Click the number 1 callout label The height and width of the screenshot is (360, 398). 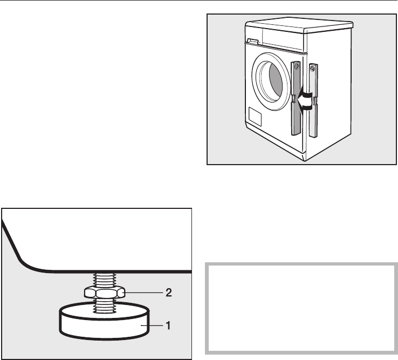tap(168, 326)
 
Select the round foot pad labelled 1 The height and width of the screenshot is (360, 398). tap(102, 325)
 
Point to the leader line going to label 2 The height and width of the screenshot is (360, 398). tap(145, 293)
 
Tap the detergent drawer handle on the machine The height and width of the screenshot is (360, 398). tap(250, 40)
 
